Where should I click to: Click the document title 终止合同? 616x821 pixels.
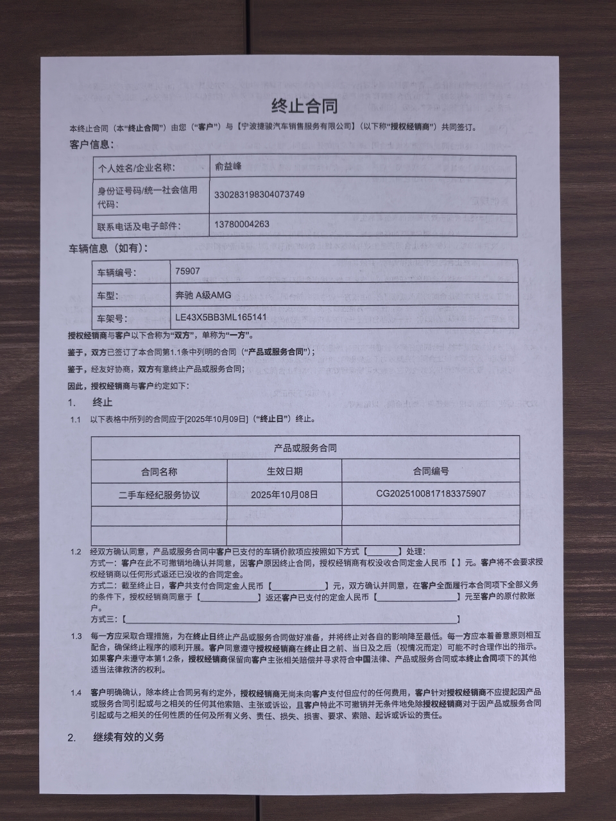[305, 106]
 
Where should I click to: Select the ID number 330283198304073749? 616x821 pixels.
[259, 194]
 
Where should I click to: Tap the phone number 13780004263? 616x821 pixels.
[241, 224]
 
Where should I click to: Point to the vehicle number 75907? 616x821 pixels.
[187, 271]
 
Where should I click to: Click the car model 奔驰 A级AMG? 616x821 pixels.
[203, 295]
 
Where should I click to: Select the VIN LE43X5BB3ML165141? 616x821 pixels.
[221, 317]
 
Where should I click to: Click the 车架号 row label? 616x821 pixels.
[112, 318]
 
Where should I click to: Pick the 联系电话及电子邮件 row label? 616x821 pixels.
[139, 226]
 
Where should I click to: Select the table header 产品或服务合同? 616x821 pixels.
[305, 448]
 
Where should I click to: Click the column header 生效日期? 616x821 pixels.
[284, 471]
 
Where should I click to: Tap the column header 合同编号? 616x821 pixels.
[431, 471]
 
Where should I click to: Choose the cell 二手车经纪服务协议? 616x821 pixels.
[159, 495]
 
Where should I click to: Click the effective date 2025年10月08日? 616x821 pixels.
[284, 495]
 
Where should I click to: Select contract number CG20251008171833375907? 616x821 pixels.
[431, 493]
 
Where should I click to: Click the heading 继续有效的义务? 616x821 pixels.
[128, 737]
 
